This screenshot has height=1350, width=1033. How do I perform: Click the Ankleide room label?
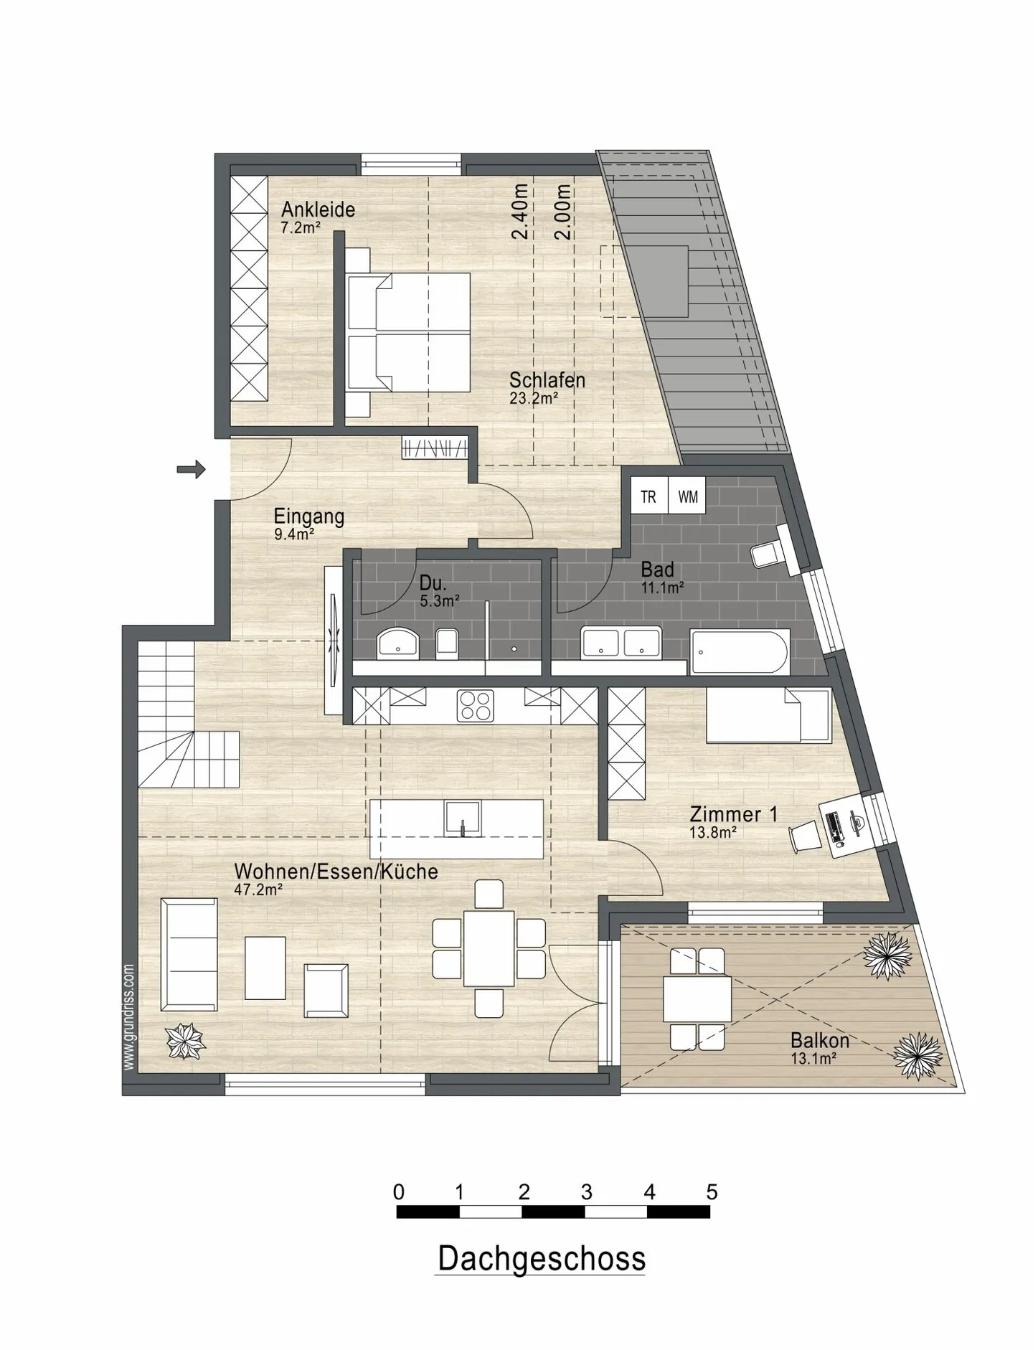pyautogui.click(x=318, y=209)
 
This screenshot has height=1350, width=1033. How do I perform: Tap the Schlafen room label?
pyautogui.click(x=547, y=379)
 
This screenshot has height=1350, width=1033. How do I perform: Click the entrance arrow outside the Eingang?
pyautogui.click(x=192, y=470)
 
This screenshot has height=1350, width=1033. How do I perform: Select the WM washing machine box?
pyautogui.click(x=687, y=496)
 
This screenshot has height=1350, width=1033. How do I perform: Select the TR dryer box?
pyautogui.click(x=649, y=496)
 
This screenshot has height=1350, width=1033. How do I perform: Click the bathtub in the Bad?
pyautogui.click(x=740, y=652)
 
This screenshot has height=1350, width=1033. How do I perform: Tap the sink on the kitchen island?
pyautogui.click(x=463, y=818)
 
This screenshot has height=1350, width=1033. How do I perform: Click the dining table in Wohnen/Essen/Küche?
pyautogui.click(x=489, y=948)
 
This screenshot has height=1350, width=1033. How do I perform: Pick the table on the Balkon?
pyautogui.click(x=697, y=999)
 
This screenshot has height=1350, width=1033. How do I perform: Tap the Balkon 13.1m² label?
pyautogui.click(x=820, y=1048)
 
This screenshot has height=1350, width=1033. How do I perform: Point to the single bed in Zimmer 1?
pyautogui.click(x=768, y=715)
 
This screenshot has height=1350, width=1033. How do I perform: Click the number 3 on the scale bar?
pyautogui.click(x=586, y=1192)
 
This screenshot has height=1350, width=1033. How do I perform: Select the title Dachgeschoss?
pyautogui.click(x=541, y=1259)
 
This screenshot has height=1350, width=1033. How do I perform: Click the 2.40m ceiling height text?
pyautogui.click(x=521, y=211)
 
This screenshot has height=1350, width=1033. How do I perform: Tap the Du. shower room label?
pyautogui.click(x=433, y=582)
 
